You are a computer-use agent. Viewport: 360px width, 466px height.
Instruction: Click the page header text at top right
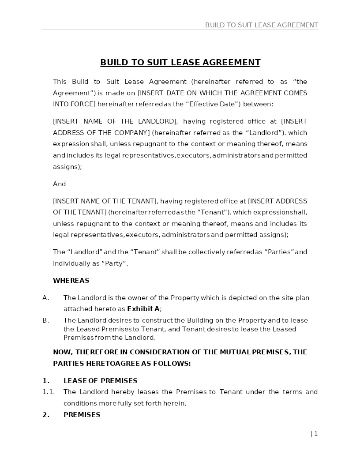(x=261, y=25)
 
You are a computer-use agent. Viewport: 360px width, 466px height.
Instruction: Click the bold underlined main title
(x=180, y=62)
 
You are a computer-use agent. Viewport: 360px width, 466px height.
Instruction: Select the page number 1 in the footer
(x=316, y=434)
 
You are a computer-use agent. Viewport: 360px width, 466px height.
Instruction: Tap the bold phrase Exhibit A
(x=143, y=309)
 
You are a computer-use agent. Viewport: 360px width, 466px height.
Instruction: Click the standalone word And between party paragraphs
(x=59, y=184)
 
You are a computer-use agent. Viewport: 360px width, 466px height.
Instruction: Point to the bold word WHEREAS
(x=71, y=281)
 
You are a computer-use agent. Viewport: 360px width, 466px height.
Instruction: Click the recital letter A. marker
(x=45, y=298)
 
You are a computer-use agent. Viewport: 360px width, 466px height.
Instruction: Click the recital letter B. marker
(x=45, y=320)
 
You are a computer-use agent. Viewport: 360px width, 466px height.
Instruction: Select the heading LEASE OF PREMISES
(x=100, y=381)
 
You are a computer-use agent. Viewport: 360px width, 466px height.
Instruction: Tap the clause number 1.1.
(x=49, y=392)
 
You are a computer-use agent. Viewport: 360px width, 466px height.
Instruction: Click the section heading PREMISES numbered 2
(x=82, y=415)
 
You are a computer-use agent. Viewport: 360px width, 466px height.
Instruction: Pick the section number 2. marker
(x=46, y=415)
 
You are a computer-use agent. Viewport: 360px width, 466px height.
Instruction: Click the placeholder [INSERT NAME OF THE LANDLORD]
(x=115, y=121)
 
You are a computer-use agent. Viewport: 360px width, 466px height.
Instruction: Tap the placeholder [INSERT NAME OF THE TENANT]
(x=105, y=201)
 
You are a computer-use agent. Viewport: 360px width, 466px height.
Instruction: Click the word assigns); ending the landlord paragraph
(x=67, y=167)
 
